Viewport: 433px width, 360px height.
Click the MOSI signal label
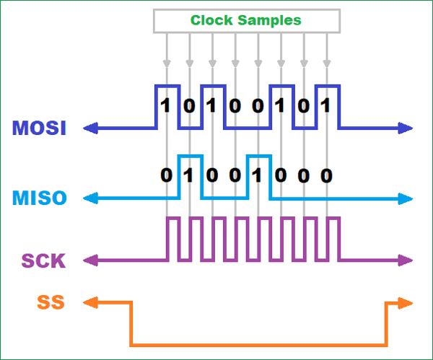coord(39,128)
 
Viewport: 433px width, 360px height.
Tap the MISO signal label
coord(39,197)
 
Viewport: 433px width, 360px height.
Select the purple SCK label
coord(43,260)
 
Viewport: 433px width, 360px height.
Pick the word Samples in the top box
coord(268,20)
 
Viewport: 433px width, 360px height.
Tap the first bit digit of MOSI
coord(166,106)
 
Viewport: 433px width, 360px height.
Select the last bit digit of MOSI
coord(326,106)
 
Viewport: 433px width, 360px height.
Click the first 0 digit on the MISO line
coord(166,175)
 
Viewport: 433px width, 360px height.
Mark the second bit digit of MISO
coord(189,175)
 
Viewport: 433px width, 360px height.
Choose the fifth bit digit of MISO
coord(258,175)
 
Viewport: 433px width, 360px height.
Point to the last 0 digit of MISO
coord(326,175)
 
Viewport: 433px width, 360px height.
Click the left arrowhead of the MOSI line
coord(90,128)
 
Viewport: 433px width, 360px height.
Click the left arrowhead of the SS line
coord(90,302)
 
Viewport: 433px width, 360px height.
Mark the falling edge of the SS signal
coord(131,323)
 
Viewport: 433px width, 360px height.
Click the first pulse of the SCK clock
coord(172,238)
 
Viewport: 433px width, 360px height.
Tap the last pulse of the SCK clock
coord(332,238)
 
